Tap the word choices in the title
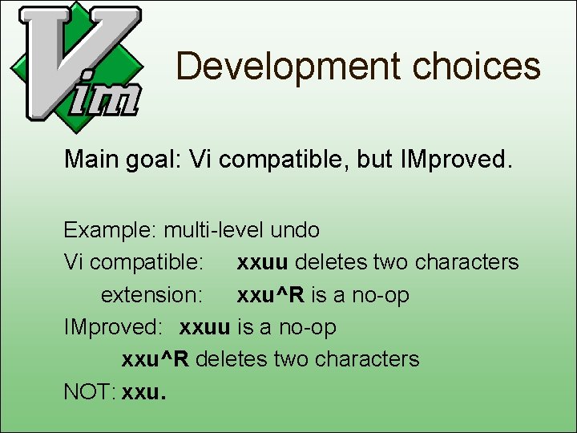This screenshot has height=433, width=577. [x=476, y=66]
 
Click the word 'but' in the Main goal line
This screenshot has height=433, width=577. [x=374, y=160]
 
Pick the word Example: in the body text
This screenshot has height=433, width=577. [x=111, y=230]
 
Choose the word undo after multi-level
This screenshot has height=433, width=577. [x=295, y=230]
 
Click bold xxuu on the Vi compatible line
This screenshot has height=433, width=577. [x=263, y=262]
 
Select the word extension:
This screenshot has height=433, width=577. [x=151, y=295]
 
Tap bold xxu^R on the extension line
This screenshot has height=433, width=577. [x=270, y=295]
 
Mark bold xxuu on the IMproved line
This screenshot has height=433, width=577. [x=206, y=327]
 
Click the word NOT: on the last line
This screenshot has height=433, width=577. [x=90, y=391]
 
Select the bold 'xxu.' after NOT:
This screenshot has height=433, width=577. [x=145, y=391]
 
